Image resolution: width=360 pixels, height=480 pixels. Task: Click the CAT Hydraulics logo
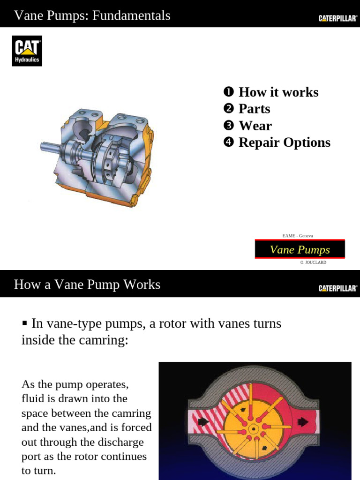(x=27, y=51)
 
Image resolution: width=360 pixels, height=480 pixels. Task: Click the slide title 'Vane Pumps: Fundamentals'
(x=92, y=15)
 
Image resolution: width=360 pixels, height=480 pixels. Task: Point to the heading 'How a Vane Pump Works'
(x=87, y=284)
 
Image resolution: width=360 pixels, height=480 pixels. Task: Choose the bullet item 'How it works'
(x=278, y=92)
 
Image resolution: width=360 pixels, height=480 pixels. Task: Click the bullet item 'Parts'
(x=254, y=109)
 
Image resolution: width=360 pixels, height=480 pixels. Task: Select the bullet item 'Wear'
(x=255, y=126)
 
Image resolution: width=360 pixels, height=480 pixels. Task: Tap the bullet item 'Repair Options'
(x=284, y=142)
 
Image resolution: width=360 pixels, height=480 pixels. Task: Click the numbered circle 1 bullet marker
(x=228, y=92)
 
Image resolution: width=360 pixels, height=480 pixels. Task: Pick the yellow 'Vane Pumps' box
(x=300, y=249)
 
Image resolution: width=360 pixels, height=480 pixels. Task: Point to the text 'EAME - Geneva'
(x=298, y=236)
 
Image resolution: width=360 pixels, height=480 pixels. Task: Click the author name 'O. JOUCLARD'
(x=313, y=262)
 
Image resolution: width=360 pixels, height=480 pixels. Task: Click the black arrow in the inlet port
(x=203, y=422)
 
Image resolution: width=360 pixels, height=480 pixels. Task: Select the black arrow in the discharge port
(x=303, y=422)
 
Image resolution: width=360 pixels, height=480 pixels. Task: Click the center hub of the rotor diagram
(x=254, y=428)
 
